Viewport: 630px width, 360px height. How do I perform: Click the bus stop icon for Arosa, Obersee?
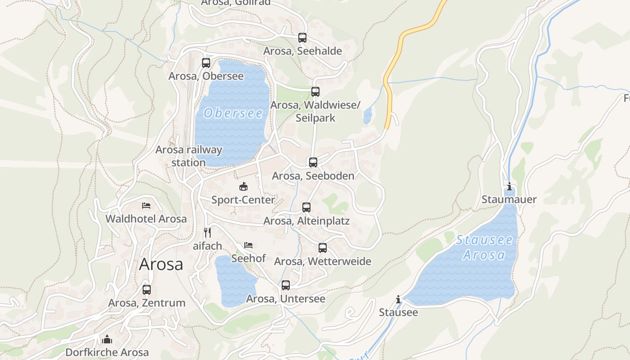pos(206,63)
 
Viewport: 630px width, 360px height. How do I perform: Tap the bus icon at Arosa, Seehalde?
pos(302,38)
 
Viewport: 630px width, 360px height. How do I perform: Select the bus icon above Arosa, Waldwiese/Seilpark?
pos(315,92)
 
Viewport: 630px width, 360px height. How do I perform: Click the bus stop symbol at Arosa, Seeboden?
pos(313,162)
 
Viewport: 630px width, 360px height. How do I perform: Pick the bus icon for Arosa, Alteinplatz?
pos(306,207)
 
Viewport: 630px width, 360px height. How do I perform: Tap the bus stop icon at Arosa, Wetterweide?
pos(323,248)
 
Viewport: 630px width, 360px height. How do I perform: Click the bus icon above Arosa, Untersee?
pos(286,285)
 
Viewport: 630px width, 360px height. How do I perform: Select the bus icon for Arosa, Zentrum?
pos(147,290)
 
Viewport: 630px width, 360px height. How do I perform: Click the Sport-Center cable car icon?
pos(243,186)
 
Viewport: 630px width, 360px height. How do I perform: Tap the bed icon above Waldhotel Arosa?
pos(146,206)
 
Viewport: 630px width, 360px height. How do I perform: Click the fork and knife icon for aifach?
pos(207,233)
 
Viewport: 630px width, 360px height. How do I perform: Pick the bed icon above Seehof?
pos(248,245)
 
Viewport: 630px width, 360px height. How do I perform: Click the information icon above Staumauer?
pos(509,187)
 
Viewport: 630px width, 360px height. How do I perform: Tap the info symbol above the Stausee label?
pos(398,299)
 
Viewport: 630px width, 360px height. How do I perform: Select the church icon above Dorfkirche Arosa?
pos(107,339)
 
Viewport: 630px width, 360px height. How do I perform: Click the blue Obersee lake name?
pos(233,113)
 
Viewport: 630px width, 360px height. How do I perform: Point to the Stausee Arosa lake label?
pos(484,247)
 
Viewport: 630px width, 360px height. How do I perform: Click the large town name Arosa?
pos(161,264)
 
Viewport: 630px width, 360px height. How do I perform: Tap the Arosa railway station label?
pos(189,156)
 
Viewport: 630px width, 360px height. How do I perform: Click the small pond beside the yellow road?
pos(368,116)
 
